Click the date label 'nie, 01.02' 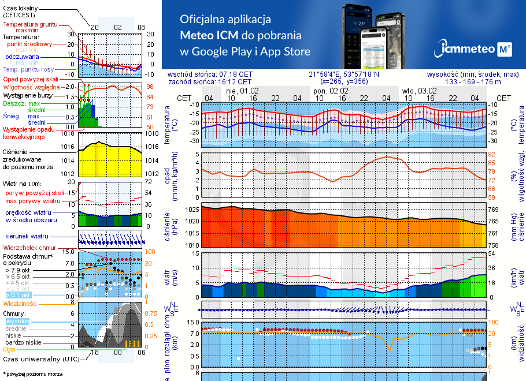pos(242,91)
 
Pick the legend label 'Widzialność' pos(20,303)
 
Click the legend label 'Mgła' pos(9,349)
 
